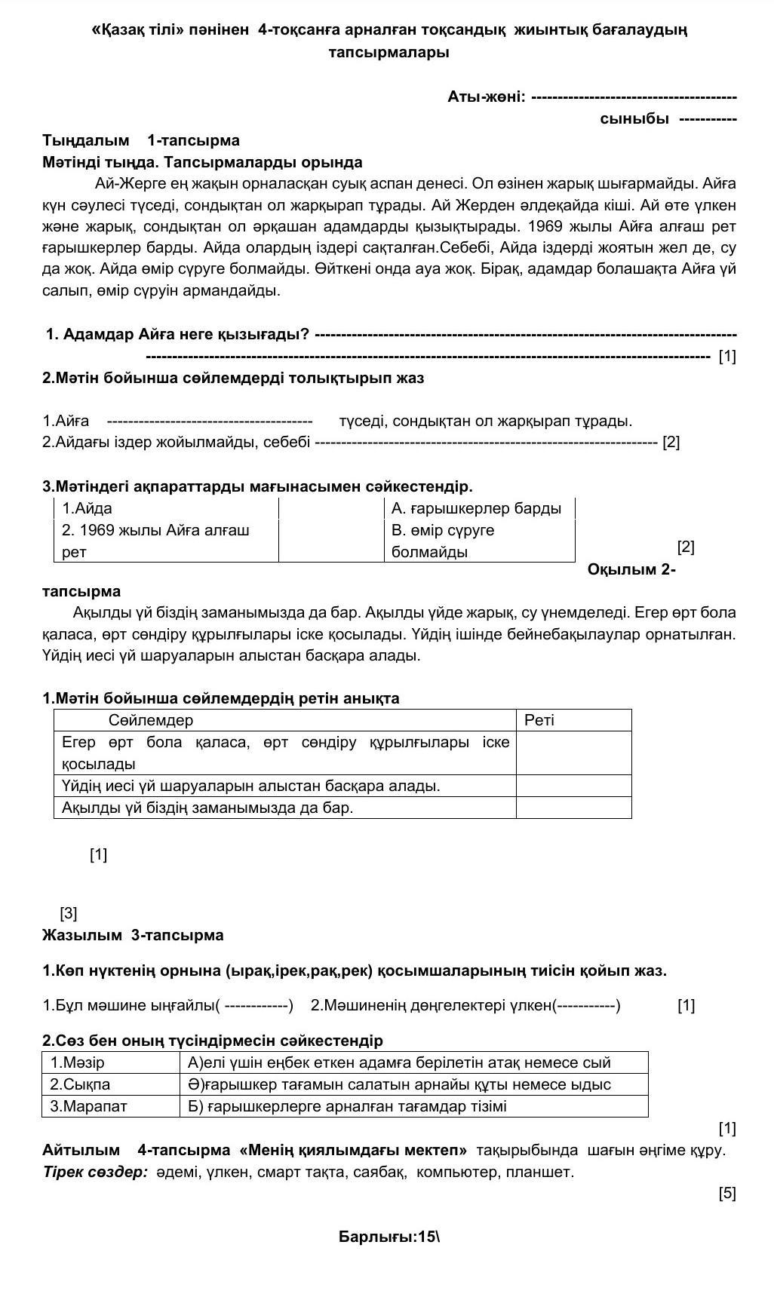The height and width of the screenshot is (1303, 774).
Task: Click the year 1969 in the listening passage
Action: pyautogui.click(x=545, y=226)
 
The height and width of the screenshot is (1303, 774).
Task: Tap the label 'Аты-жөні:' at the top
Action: pyautogui.click(x=486, y=97)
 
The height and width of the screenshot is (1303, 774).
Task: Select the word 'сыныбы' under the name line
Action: pyautogui.click(x=634, y=118)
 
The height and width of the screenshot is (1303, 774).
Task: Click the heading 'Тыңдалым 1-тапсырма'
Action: pyautogui.click(x=141, y=140)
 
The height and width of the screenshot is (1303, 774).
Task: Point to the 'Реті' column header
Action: pyautogui.click(x=539, y=720)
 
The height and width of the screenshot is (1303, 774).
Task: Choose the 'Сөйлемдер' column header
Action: pyautogui.click(x=151, y=720)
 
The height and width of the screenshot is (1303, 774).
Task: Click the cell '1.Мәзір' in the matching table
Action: pyautogui.click(x=78, y=1062)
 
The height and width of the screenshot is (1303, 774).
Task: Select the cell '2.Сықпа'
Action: pyautogui.click(x=80, y=1084)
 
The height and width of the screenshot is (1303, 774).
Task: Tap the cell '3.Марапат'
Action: pyautogui.click(x=88, y=1106)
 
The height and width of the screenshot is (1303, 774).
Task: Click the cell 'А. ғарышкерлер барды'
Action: pyautogui.click(x=476, y=508)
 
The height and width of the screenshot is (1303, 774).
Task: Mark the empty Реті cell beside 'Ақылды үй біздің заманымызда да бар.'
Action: pyautogui.click(x=573, y=808)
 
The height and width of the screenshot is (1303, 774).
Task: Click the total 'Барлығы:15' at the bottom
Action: pyautogui.click(x=388, y=1237)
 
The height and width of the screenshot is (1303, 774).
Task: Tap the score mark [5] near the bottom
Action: pyautogui.click(x=727, y=1193)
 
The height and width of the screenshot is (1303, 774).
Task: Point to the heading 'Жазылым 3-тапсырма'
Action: pyautogui.click(x=133, y=935)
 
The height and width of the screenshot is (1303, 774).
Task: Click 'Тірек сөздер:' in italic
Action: pyautogui.click(x=95, y=1172)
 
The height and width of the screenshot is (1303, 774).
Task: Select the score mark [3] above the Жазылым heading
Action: pyautogui.click(x=69, y=913)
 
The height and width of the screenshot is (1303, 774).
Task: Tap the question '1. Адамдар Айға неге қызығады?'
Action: pyautogui.click(x=178, y=334)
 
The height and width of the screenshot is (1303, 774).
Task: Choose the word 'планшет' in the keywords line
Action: pyautogui.click(x=542, y=1172)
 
